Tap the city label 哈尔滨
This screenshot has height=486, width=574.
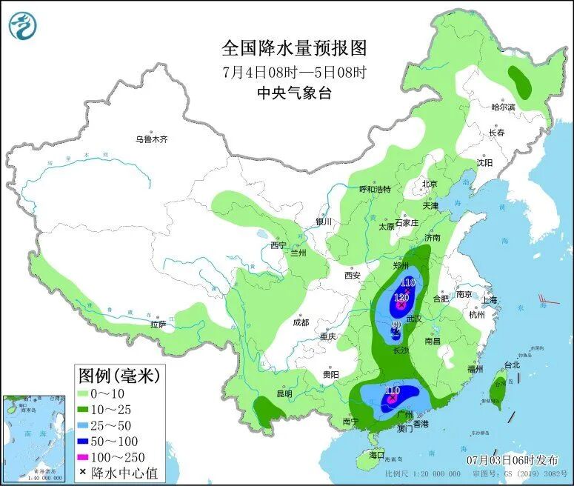[x=503, y=107]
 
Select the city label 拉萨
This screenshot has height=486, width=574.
[x=158, y=324]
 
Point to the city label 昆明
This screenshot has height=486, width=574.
[x=284, y=393]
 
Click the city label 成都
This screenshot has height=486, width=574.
[x=301, y=322]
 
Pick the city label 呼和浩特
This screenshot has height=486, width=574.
[x=380, y=189]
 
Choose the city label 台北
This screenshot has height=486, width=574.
[x=512, y=364]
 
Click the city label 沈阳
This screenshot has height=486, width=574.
[x=484, y=162]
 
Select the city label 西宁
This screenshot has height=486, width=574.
[x=278, y=245]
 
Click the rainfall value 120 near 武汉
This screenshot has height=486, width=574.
[x=401, y=296]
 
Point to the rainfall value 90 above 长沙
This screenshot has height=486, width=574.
[x=396, y=324]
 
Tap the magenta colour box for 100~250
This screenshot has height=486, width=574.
[x=86, y=456]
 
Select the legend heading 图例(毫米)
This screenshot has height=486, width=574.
[x=119, y=376]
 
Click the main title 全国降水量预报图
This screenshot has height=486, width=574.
[x=294, y=48]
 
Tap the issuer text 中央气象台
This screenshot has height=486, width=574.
[x=294, y=93]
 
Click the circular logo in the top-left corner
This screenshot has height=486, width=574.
[x=23, y=24]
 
